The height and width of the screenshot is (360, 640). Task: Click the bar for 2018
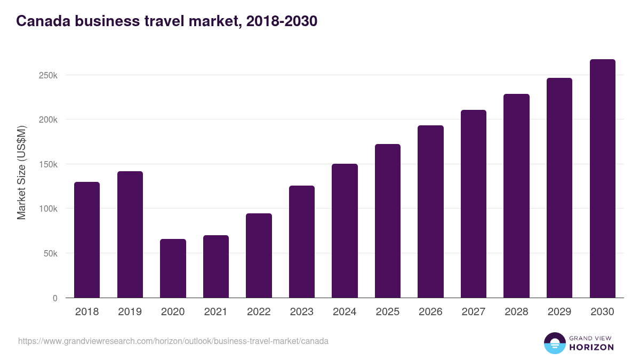point(87,240)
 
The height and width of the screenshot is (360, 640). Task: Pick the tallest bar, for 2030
point(602,179)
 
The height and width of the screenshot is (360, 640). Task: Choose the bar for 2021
point(215,267)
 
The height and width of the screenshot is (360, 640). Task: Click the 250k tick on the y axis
point(49,75)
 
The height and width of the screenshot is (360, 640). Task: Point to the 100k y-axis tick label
point(49,209)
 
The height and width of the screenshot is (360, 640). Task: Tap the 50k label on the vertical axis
point(51,253)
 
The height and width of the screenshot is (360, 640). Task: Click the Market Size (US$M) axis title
point(21,173)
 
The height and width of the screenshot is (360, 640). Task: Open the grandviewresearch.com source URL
point(173,341)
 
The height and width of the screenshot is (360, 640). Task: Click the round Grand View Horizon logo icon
point(555,343)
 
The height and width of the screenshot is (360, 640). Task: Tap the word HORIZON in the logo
point(591,347)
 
